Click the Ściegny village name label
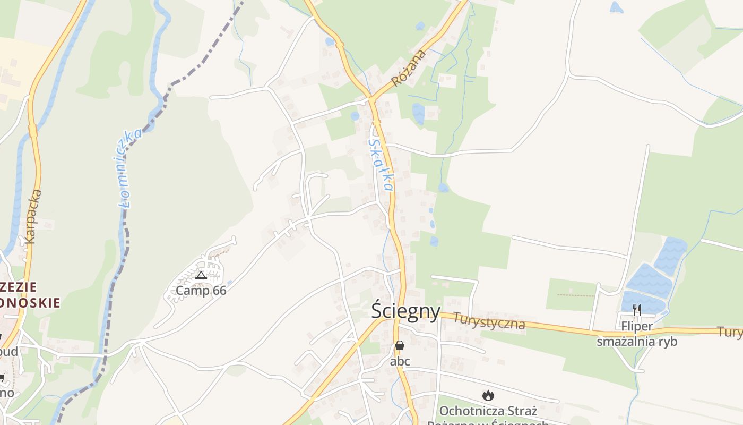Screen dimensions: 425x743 405,311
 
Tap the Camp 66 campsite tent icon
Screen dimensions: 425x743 201,275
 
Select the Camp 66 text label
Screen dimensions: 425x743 201,291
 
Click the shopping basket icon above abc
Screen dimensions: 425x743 400,345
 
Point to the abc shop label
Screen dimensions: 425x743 400,361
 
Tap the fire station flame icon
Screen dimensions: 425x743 488,395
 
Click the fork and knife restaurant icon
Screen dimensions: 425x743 637,310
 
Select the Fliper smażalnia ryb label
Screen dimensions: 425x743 637,334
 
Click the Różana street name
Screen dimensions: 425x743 409,68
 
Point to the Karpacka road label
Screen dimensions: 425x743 33,216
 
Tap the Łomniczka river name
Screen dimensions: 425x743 128,167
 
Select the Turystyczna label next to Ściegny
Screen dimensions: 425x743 489,321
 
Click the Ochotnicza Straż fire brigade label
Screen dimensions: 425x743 488,411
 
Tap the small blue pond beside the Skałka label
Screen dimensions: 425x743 355,116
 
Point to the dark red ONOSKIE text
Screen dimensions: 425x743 30,303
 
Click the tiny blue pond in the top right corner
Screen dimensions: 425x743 616,7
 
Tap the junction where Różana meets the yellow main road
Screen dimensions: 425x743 370,99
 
